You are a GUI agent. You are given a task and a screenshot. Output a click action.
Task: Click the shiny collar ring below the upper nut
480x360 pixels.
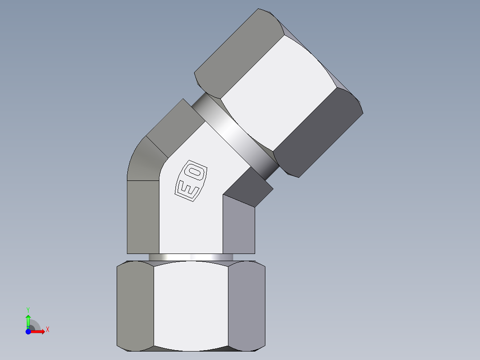[236, 134]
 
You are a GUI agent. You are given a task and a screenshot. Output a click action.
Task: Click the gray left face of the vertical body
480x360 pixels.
[143, 217]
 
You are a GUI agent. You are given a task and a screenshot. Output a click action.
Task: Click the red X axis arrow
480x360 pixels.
[38, 331]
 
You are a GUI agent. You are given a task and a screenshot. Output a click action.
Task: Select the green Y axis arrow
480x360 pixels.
[28, 320]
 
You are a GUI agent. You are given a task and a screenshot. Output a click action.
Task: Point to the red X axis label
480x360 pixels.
[47, 330]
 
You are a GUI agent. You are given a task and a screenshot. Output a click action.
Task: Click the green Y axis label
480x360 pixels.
[28, 309]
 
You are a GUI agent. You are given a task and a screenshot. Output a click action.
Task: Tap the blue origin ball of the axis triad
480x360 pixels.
[28, 331]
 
